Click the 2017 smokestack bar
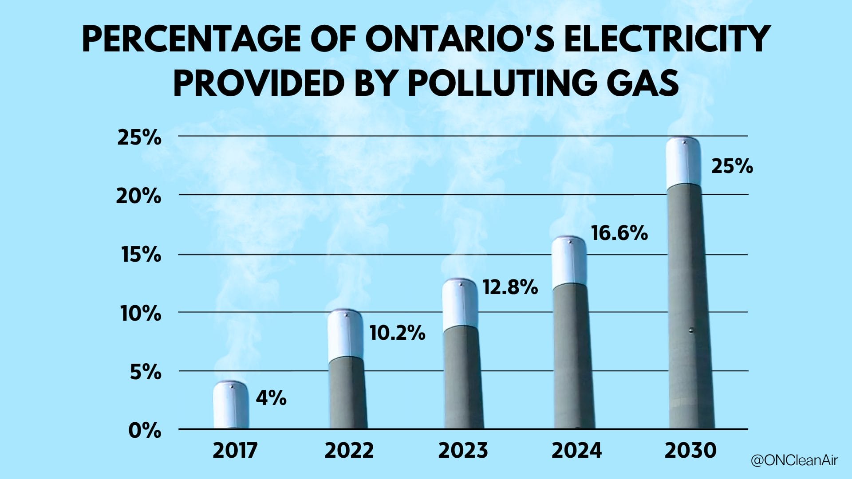[231, 405]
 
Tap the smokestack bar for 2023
[462, 359]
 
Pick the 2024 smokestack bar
[572, 337]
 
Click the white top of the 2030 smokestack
[683, 161]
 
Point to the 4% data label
[271, 398]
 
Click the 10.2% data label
[397, 333]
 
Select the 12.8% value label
[510, 287]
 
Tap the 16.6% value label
[619, 233]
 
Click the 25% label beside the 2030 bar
[732, 166]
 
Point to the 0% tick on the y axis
[145, 430]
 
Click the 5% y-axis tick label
[146, 372]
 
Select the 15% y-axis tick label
[141, 255]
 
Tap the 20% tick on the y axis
[138, 196]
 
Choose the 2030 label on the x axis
[690, 451]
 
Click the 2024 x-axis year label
[576, 451]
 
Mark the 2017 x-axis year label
[235, 451]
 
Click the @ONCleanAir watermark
[794, 460]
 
